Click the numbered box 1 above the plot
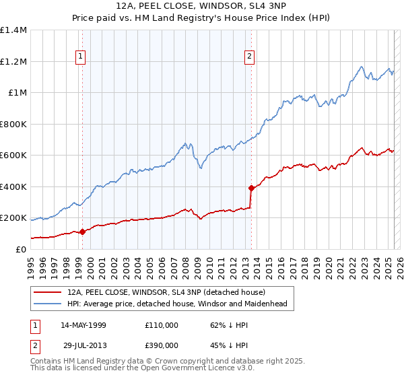[x=80, y=57]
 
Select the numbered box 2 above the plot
[x=249, y=57]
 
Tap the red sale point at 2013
[x=251, y=188]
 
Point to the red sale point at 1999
[x=82, y=232]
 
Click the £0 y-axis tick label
[x=20, y=249]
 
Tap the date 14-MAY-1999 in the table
[x=83, y=325]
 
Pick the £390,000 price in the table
[x=162, y=344]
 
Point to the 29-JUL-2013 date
[x=83, y=344]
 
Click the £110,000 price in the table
[x=162, y=325]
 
